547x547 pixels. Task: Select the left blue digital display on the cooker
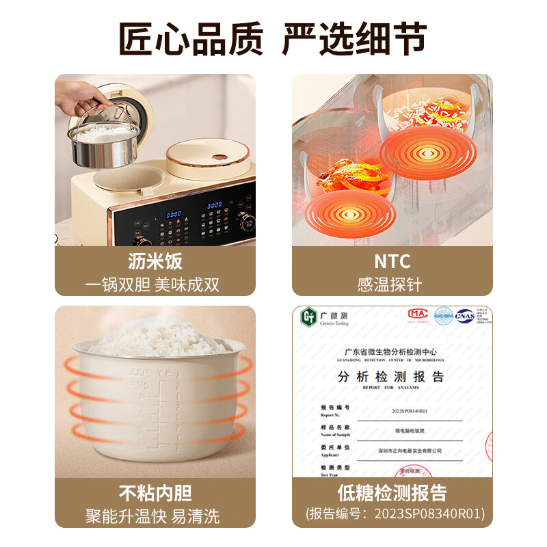[x=174, y=213]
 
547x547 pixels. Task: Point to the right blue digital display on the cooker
[x=215, y=206]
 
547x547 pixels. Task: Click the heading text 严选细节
[x=355, y=39]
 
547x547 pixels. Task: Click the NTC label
[x=392, y=262]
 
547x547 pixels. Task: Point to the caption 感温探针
[x=392, y=284]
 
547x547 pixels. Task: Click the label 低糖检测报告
[x=392, y=493]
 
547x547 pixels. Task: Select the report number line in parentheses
[x=392, y=514]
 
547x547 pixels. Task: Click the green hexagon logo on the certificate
[x=308, y=317]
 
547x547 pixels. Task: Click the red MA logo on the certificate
[x=417, y=314]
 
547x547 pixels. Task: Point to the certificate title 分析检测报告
[x=392, y=377]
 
